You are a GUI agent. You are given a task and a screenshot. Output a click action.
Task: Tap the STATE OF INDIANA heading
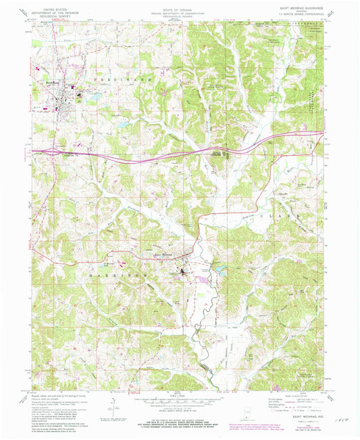coord(180,7)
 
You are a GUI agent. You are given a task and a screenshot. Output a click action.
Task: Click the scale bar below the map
coord(180,402)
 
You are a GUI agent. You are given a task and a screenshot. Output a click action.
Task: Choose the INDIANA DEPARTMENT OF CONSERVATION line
coord(180,12)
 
